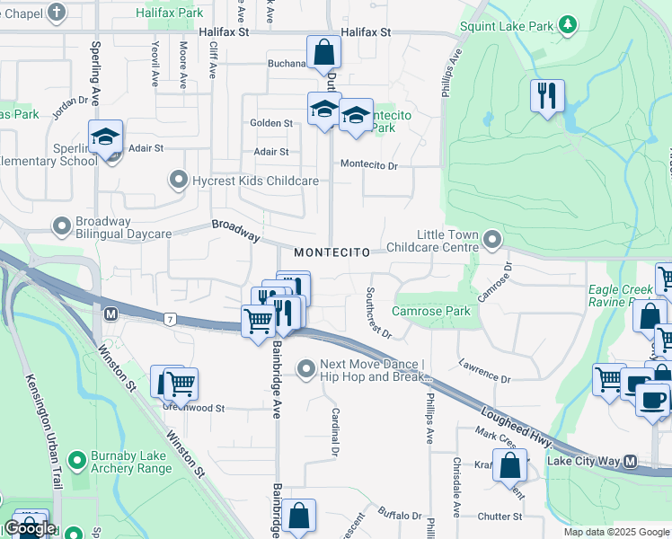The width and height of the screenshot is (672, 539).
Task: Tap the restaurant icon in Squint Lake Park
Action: click(x=546, y=95)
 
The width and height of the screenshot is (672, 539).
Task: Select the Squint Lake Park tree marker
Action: click(x=567, y=24)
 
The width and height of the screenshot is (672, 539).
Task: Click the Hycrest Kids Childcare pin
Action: click(x=179, y=181)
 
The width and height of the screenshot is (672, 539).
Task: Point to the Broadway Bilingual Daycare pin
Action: click(x=62, y=226)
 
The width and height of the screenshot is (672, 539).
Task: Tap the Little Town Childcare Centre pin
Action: click(x=491, y=239)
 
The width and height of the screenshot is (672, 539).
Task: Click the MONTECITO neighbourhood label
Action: click(x=332, y=253)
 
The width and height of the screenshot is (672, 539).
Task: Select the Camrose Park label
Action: click(x=430, y=312)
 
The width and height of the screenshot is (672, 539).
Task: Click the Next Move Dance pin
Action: click(x=307, y=368)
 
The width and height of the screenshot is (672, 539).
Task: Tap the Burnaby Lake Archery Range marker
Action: click(x=76, y=462)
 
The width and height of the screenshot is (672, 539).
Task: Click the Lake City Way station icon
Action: click(x=630, y=462)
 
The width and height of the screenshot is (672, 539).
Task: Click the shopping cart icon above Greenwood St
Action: click(x=181, y=383)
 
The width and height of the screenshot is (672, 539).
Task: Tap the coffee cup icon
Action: click(x=653, y=398)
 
